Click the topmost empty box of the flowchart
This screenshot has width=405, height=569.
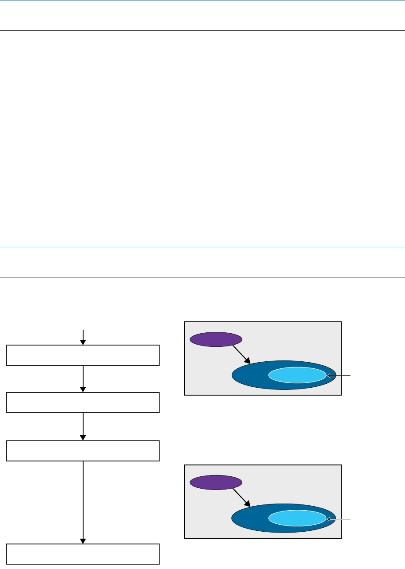coord(83,355)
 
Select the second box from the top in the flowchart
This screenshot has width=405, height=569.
coord(83,403)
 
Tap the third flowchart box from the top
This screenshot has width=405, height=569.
coord(83,451)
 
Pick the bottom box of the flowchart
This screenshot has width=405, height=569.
coord(83,554)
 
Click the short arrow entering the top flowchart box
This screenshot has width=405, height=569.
coord(83,337)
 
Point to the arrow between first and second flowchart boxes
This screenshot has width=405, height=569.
coord(83,379)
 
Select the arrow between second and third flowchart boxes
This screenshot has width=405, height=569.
coord(83,427)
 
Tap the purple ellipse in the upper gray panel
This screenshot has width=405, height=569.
coord(215,339)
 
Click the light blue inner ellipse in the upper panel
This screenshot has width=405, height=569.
coord(297,375)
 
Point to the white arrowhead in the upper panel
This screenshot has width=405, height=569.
coord(328,376)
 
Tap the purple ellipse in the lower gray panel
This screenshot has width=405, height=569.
coord(215,482)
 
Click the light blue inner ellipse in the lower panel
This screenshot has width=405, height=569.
coord(297,519)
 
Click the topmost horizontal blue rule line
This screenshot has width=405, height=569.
coord(202,0)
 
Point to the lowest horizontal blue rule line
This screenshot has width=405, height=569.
coord(202,277)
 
